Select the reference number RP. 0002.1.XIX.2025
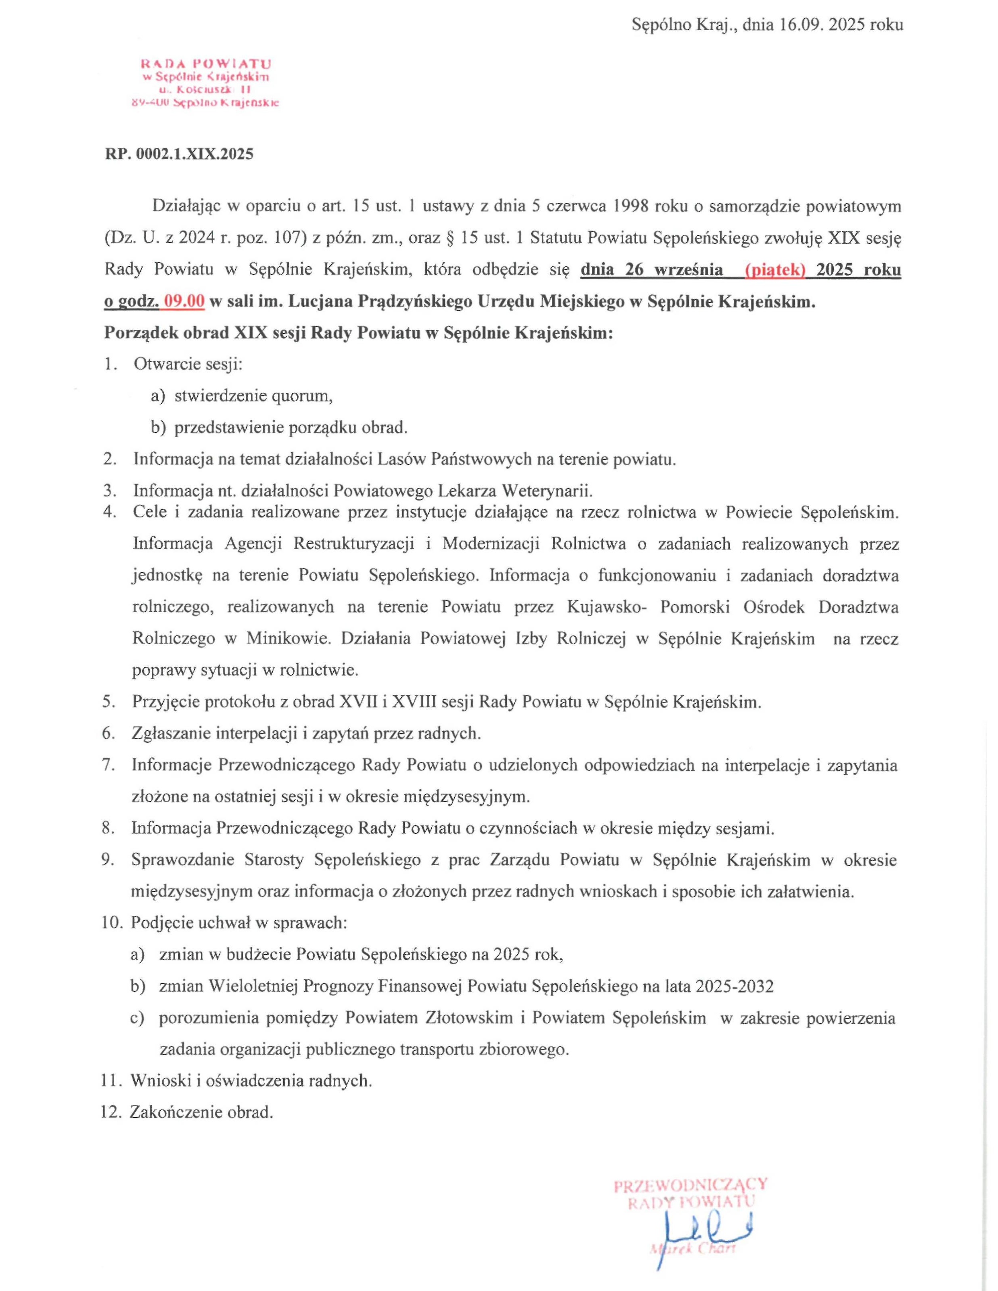click(179, 154)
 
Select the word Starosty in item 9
click(274, 860)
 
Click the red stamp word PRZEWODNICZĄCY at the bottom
click(690, 1184)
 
